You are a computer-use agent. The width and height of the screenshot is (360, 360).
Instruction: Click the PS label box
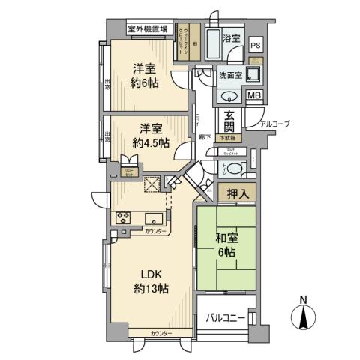coord(256,45)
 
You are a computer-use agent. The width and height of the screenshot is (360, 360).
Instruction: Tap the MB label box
coord(255,95)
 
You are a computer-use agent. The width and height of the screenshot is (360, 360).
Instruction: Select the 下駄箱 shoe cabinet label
coord(228,139)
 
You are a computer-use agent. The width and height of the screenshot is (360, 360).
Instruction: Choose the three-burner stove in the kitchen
coord(122,218)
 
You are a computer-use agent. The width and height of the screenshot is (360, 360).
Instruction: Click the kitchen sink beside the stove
coord(154,219)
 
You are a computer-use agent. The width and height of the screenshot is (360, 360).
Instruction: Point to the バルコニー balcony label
coord(226,318)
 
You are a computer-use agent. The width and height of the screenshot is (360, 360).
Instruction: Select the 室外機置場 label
coord(147,30)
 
